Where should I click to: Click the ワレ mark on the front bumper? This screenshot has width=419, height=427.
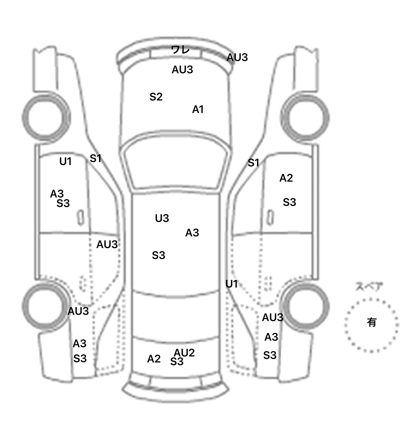pos(180,50)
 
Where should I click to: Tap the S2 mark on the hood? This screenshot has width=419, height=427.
pos(156,97)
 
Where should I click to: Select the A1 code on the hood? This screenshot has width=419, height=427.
pos(198,109)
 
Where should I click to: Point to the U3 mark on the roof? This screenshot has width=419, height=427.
pos(162,218)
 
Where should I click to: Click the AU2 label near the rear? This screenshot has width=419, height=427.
pos(184,352)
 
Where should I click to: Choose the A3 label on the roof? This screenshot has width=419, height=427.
pos(192,233)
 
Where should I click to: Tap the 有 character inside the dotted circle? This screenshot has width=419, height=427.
pos(372,322)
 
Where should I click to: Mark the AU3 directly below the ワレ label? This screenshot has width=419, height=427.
pos(182,70)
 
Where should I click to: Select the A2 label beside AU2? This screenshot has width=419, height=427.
pos(154,359)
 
